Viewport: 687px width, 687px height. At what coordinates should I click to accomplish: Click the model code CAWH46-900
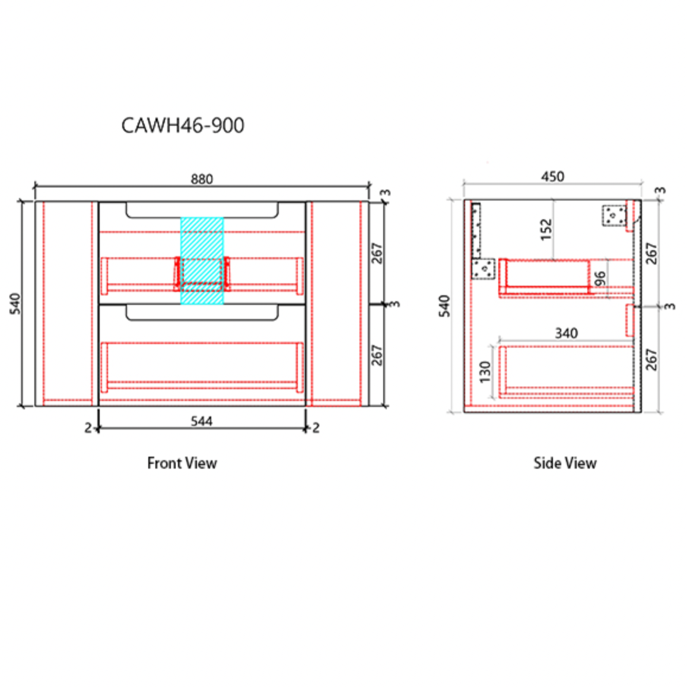[x=183, y=126]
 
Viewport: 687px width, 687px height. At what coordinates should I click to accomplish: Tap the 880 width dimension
[x=202, y=179]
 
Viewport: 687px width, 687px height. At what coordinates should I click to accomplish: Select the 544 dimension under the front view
[x=202, y=421]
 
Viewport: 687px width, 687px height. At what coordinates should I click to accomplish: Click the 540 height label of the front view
[x=15, y=304]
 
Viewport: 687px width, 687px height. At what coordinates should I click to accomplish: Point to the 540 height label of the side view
[x=444, y=306]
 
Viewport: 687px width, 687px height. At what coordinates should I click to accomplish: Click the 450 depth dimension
[x=552, y=177]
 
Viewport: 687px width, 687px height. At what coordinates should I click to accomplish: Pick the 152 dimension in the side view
[x=546, y=230]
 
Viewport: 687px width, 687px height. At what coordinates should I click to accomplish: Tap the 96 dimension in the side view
[x=600, y=279]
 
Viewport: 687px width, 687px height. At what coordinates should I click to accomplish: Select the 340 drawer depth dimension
[x=567, y=333]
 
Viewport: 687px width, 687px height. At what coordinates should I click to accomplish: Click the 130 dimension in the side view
[x=485, y=371]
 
